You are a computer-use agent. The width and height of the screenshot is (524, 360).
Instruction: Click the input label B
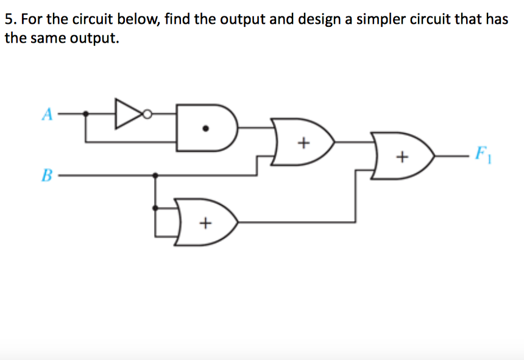[46, 176]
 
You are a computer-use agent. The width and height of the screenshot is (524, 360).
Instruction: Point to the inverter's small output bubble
[147, 113]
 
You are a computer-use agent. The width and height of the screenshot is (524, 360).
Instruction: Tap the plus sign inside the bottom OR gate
[205, 224]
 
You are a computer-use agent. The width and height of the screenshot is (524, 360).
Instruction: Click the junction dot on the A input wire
[85, 113]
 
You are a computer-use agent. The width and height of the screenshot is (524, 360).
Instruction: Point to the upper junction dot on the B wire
[157, 175]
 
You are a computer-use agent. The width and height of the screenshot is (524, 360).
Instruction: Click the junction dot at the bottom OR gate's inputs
[157, 208]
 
